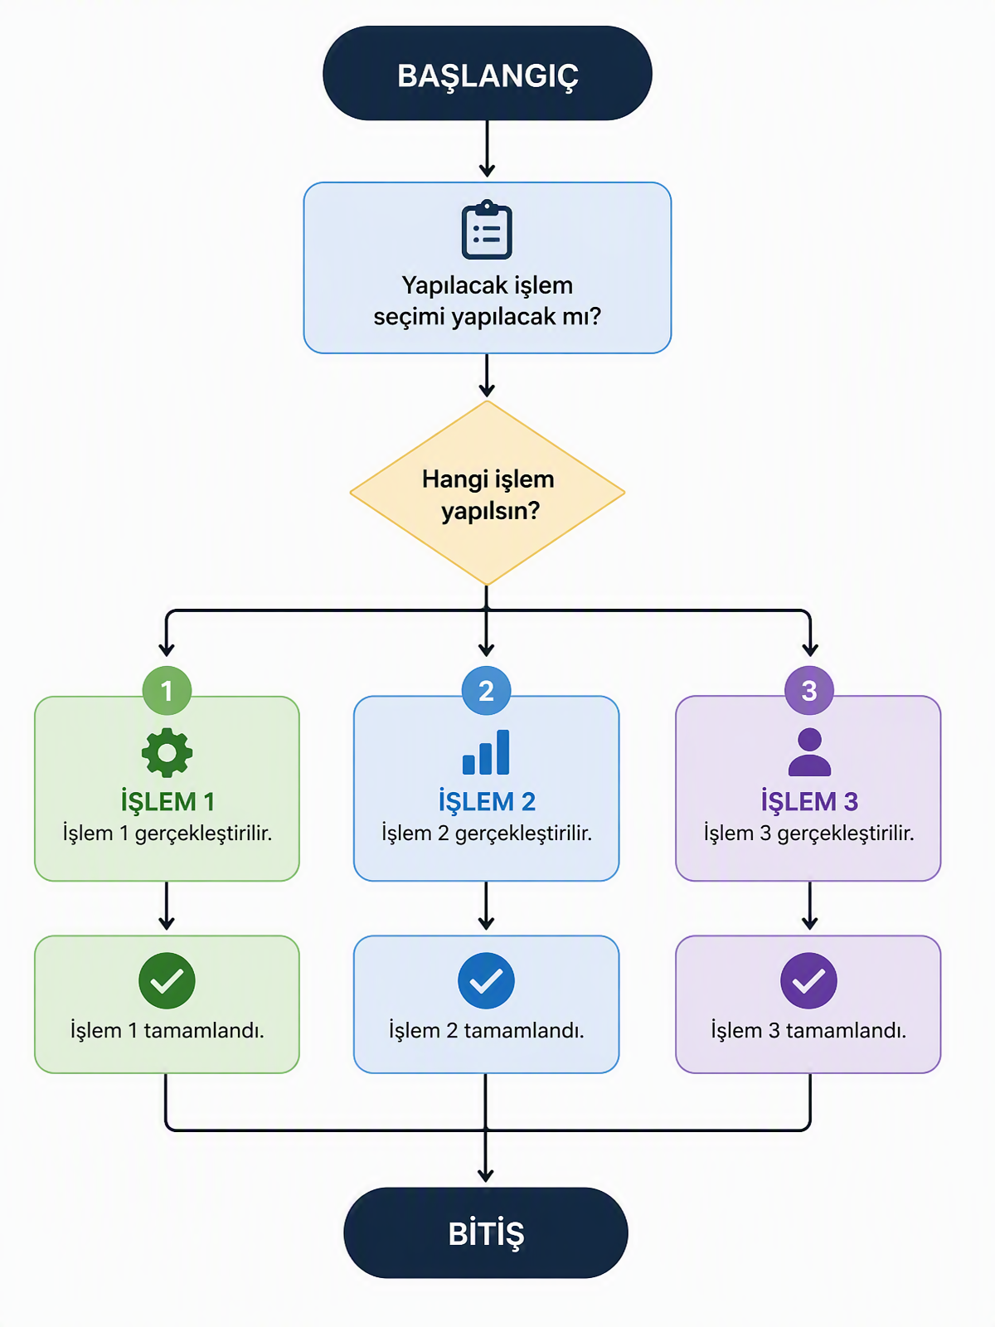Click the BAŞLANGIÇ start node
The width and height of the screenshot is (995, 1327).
pos(487,73)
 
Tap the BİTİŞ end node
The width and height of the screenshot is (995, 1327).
pos(486,1232)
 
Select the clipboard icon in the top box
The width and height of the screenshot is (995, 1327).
pos(487,230)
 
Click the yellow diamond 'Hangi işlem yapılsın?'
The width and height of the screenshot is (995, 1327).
pos(487,493)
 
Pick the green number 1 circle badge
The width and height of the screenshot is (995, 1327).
pos(167,690)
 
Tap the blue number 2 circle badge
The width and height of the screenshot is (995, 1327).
pos(486,690)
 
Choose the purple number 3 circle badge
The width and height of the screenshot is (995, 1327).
pos(809,690)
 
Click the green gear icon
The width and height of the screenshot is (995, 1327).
pos(167,753)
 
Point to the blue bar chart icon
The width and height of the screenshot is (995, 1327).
pos(486,752)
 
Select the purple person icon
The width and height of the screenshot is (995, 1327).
pos(809,752)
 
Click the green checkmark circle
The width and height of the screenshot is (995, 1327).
pos(167,980)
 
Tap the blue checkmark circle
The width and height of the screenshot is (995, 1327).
pos(486,980)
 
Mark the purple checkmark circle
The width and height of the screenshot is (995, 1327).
pos(809,980)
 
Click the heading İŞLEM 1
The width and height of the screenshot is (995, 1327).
pos(167,801)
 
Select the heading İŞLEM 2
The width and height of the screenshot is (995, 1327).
pos(487,801)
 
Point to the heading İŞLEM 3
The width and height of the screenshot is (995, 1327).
pos(809,801)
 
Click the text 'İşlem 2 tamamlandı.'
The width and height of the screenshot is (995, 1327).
pos(487,1030)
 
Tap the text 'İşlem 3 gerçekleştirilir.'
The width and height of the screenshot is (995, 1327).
pos(809,833)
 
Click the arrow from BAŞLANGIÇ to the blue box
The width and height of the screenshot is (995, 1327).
pos(487,148)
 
